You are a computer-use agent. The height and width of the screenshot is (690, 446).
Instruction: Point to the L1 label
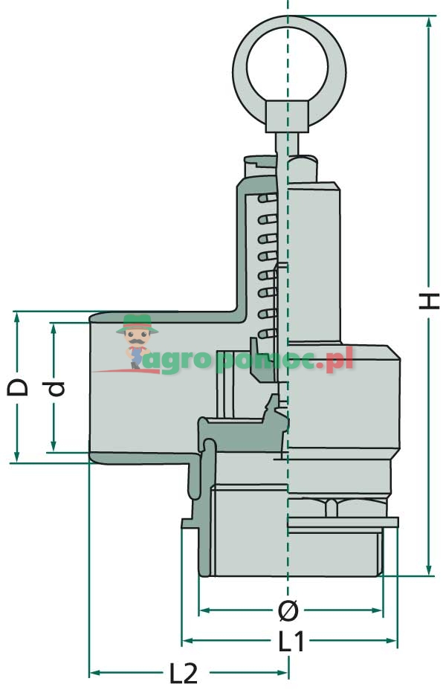(x=291, y=641)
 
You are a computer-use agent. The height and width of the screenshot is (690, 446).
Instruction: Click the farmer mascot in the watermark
(x=137, y=341)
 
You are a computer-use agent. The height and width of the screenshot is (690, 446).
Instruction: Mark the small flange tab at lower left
(x=189, y=523)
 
